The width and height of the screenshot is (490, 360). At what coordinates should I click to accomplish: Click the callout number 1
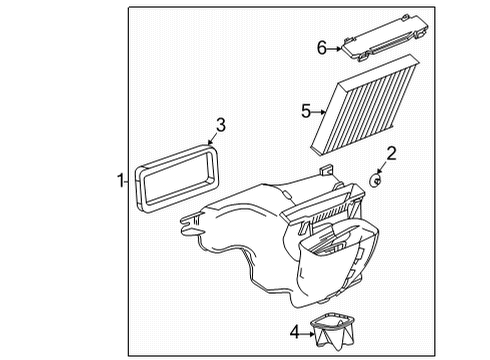click(x=119, y=181)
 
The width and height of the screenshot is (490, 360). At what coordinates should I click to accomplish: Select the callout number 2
click(x=392, y=153)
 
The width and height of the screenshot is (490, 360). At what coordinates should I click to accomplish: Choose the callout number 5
click(x=307, y=110)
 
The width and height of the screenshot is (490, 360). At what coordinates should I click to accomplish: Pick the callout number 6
click(x=322, y=46)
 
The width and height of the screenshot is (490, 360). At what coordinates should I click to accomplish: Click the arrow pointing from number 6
click(x=336, y=47)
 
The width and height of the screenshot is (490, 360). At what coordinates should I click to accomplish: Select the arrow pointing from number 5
click(x=321, y=110)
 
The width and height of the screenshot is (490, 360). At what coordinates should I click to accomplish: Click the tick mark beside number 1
click(x=126, y=181)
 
